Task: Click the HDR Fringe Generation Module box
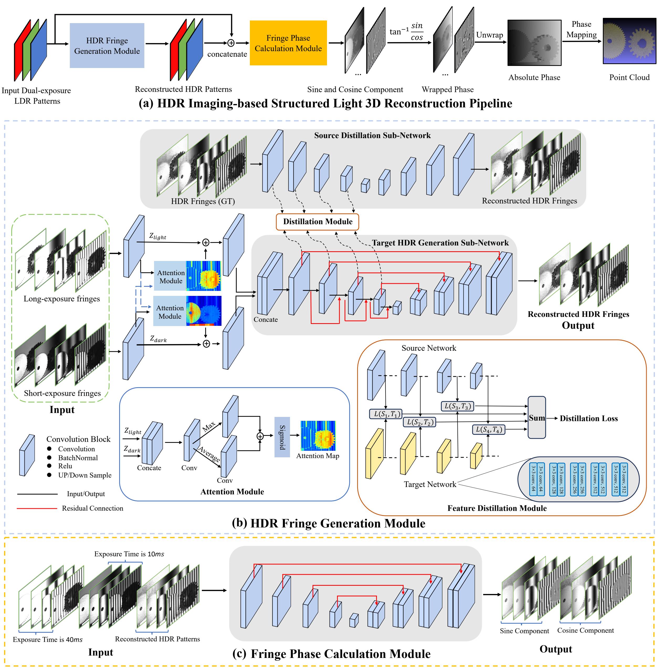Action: click(107, 45)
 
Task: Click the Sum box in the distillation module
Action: click(536, 418)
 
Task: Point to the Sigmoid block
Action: click(282, 437)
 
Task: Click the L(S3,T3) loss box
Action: click(457, 406)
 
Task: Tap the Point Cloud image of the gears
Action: click(629, 41)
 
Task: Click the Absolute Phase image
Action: click(534, 43)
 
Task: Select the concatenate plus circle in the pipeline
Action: click(231, 43)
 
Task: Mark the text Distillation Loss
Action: click(588, 418)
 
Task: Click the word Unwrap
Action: click(489, 35)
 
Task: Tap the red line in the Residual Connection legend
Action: click(37, 508)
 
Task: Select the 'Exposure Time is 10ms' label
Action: click(129, 554)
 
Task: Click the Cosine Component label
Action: click(585, 630)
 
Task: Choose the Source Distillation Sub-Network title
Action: click(372, 135)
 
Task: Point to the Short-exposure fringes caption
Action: click(62, 393)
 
